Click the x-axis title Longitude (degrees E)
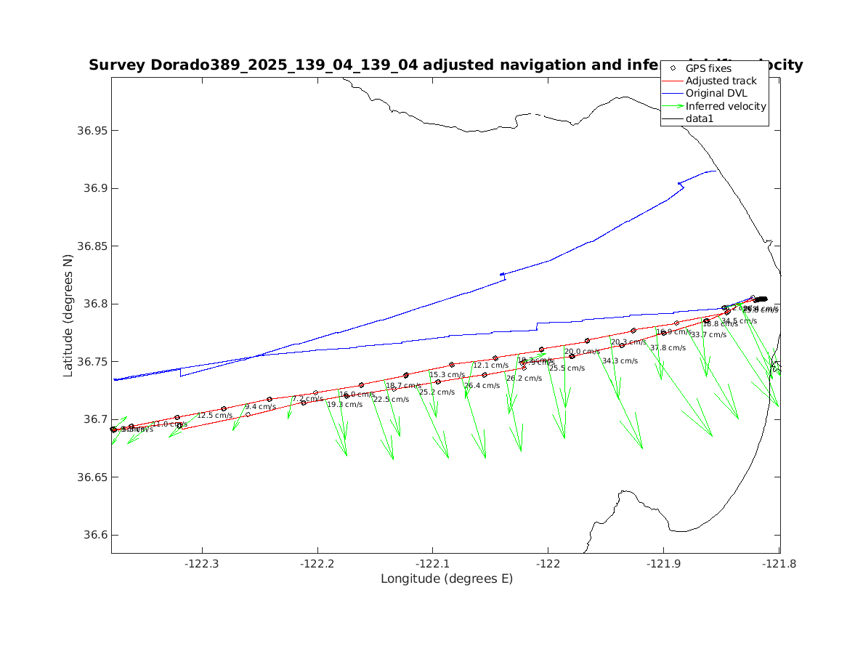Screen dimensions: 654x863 coord(446,579)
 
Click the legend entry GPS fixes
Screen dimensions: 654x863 coord(708,68)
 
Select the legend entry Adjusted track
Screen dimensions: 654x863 coord(721,81)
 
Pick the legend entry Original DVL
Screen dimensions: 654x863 coord(716,93)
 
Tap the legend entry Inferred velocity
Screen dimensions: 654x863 coord(726,106)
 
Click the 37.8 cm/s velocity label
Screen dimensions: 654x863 coord(668,348)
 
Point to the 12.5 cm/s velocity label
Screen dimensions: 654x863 coord(214,416)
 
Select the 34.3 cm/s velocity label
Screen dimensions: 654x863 coord(620,361)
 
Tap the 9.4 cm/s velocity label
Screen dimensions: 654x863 coord(260,407)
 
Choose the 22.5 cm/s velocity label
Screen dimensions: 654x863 coord(392,400)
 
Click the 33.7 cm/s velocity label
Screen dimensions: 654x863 coord(708,335)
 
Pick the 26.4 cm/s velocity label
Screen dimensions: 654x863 coord(482,386)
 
